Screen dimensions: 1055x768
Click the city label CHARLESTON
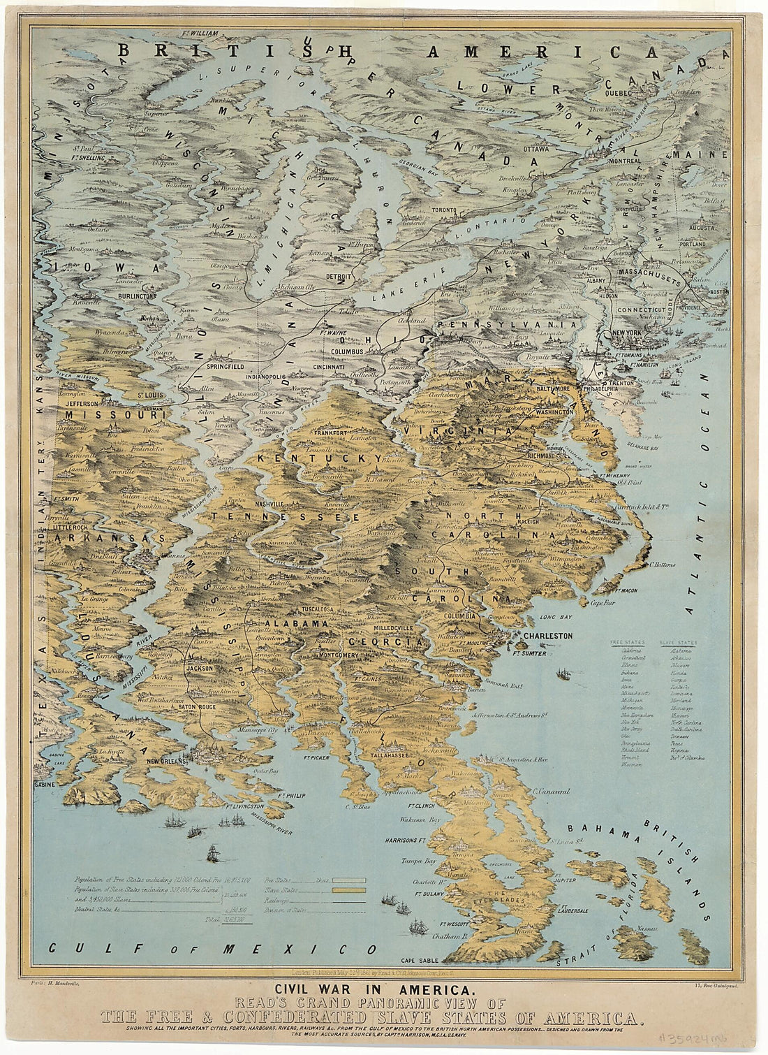point(547,636)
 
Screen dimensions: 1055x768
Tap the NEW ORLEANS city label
point(165,761)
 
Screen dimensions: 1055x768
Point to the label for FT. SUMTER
point(529,654)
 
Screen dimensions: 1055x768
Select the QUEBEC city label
point(617,92)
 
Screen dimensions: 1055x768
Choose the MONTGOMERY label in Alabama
point(339,655)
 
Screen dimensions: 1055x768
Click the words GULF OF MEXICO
point(212,949)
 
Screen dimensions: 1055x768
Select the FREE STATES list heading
point(627,641)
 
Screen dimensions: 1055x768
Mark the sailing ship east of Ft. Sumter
point(562,674)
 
